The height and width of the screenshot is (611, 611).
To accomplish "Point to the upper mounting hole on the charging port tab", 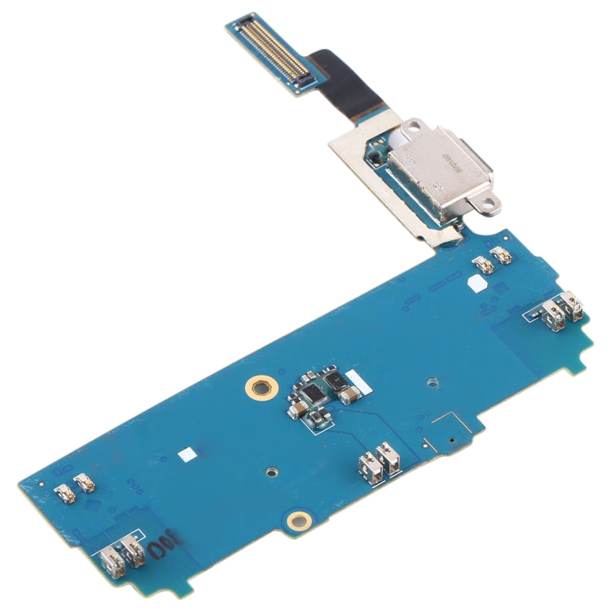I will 415,125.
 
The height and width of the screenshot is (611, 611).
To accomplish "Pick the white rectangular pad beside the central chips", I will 355,379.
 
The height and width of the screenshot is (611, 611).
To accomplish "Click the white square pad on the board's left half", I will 187,452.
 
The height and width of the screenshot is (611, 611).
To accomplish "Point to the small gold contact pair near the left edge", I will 73,486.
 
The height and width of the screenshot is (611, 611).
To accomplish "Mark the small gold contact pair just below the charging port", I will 493,262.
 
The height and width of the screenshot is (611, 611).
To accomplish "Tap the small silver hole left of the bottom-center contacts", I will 271,471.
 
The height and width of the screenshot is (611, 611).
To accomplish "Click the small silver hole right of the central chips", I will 430,380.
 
